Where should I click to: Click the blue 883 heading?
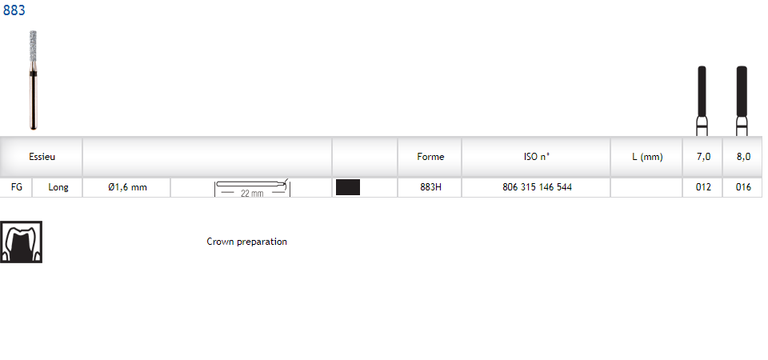14,10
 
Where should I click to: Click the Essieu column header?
42,157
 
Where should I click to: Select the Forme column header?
430,157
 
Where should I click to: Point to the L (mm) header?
647,157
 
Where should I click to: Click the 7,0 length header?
703,157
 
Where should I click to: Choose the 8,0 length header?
743,157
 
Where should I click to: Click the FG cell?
17,187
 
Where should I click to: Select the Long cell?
58,187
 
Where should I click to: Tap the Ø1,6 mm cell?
127,187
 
